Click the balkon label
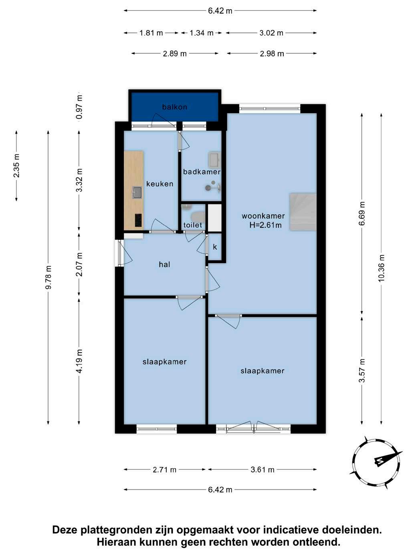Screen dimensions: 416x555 click(x=174, y=107)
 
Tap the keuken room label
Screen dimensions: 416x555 click(x=160, y=184)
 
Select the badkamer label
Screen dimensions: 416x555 click(x=202, y=172)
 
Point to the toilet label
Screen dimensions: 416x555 click(x=193, y=225)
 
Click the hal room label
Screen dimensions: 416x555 click(x=164, y=265)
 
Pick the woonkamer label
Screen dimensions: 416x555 click(x=263, y=216)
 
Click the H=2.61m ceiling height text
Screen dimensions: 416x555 click(x=265, y=225)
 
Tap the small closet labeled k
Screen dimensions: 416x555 click(x=215, y=247)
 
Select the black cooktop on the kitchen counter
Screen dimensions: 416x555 click(x=138, y=220)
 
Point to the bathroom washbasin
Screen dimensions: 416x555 click(x=214, y=160)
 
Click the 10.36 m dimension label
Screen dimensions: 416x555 click(x=381, y=268)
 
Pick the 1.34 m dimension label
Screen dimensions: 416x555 click(x=201, y=33)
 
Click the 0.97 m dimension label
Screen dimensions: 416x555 click(x=79, y=107)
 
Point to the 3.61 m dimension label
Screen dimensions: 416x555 click(x=262, y=470)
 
